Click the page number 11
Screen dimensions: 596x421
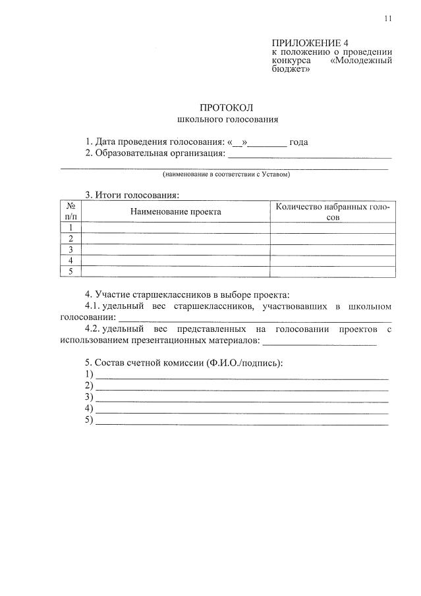click(x=388, y=18)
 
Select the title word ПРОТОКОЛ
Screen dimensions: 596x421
click(x=227, y=107)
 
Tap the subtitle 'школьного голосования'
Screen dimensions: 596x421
click(x=227, y=119)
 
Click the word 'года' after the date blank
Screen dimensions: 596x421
click(x=299, y=142)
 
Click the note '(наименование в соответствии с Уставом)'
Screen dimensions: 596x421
click(x=227, y=175)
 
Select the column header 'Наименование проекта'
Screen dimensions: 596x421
click(x=175, y=212)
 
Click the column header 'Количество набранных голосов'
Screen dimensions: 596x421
click(x=333, y=212)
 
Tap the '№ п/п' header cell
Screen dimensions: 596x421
click(x=70, y=212)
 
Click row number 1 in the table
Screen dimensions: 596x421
click(x=70, y=228)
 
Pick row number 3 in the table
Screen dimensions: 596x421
click(x=70, y=250)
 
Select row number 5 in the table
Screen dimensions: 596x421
click(x=70, y=271)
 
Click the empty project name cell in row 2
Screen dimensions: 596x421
click(x=175, y=239)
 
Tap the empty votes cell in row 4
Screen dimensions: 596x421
click(x=333, y=261)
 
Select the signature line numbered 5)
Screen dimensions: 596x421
click(x=242, y=422)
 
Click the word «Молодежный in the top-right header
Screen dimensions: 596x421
click(x=360, y=60)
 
